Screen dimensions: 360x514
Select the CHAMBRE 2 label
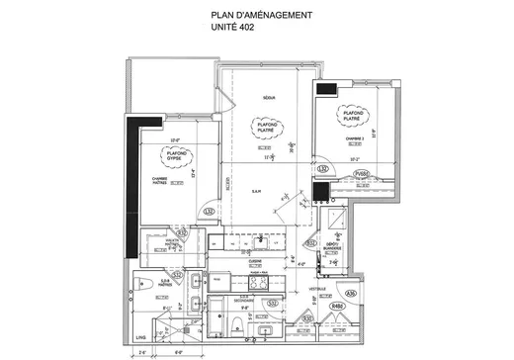tap(352, 138)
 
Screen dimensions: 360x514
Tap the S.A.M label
tap(255, 191)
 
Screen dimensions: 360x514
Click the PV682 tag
tap(361, 173)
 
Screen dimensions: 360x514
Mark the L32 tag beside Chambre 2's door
tap(322, 169)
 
